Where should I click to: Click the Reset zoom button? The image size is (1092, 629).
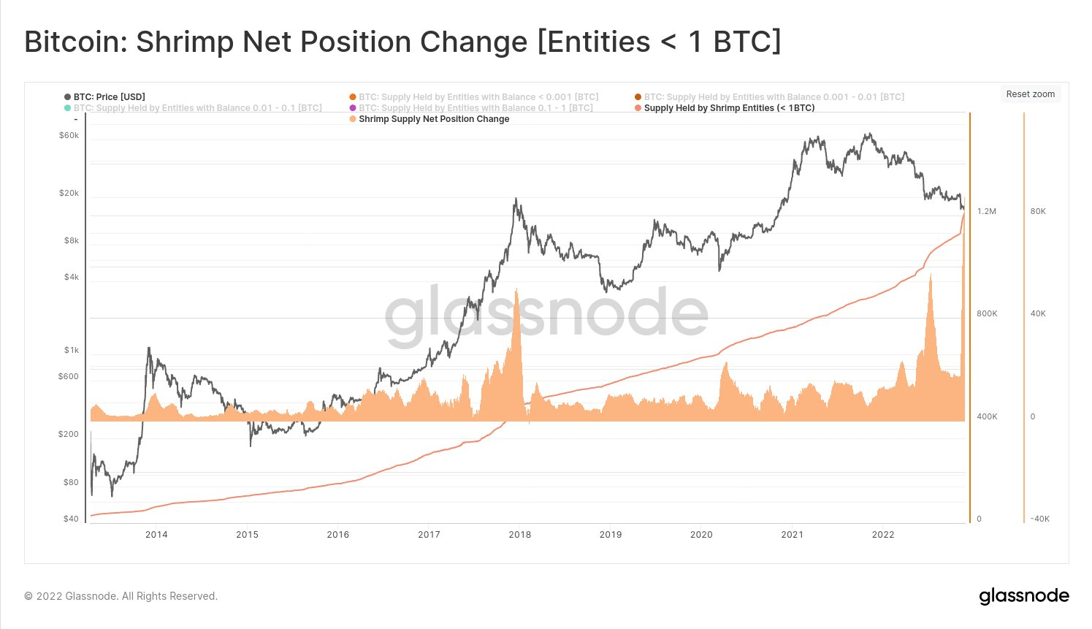click(1030, 94)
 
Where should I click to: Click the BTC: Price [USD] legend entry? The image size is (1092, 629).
click(109, 97)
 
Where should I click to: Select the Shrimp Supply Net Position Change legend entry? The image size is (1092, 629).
click(434, 119)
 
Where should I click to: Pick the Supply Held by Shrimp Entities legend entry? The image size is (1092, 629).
click(729, 108)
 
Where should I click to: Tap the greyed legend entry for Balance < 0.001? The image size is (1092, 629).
click(478, 97)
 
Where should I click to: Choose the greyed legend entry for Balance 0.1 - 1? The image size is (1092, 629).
click(475, 108)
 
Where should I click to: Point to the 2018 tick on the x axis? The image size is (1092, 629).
click(520, 535)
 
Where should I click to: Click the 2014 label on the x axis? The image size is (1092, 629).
click(156, 535)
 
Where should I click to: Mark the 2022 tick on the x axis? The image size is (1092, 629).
click(883, 535)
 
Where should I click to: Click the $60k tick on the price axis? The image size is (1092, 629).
click(69, 136)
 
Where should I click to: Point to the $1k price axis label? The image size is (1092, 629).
click(72, 351)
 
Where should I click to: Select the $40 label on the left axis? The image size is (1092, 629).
click(72, 519)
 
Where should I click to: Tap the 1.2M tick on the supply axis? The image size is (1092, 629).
click(987, 212)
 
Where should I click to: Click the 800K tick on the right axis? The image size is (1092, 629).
click(987, 314)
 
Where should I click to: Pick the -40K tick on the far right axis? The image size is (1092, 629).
click(1040, 519)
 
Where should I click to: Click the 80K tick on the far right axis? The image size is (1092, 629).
click(1038, 212)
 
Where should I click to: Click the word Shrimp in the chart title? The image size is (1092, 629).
click(186, 42)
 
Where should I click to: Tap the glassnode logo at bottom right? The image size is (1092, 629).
click(1024, 596)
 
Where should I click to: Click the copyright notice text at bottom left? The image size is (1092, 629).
click(121, 596)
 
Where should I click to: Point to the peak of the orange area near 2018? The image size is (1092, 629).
click(516, 290)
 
